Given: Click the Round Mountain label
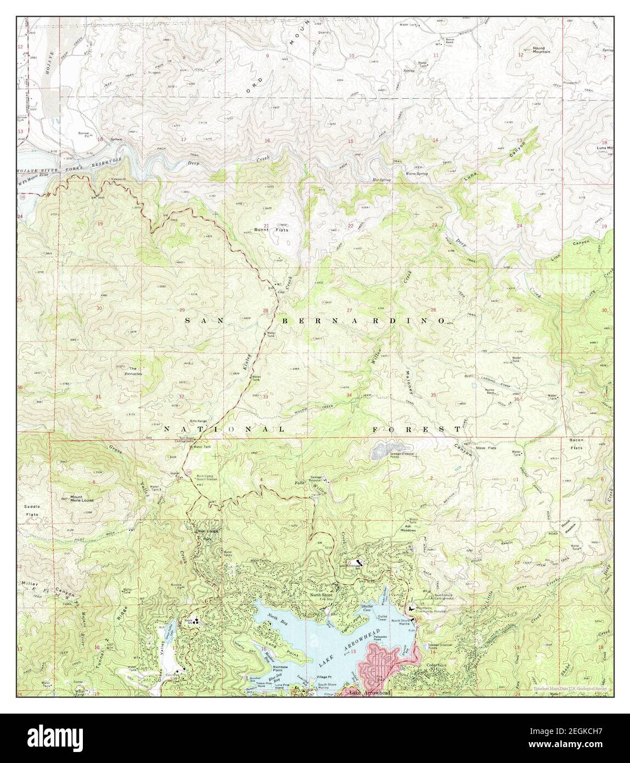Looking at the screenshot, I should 541,50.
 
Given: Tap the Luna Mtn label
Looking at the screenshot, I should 605,149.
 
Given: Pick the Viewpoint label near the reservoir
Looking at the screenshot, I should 118,179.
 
